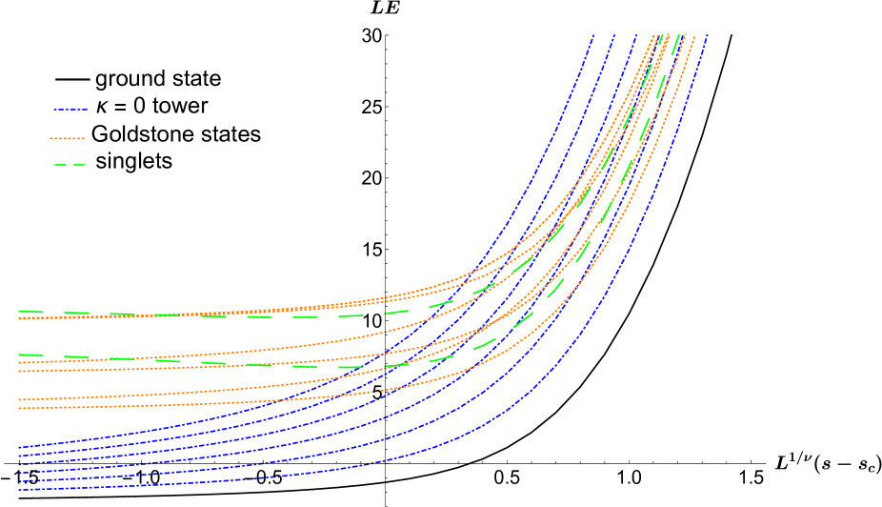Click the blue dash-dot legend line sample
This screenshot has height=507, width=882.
[x=70, y=110]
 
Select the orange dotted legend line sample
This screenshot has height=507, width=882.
[x=68, y=139]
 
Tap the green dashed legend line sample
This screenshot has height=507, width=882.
[x=70, y=165]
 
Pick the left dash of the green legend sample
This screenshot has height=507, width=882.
[x=60, y=165]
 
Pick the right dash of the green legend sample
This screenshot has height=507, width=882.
[x=79, y=165]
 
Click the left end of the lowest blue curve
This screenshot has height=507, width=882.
[x=19, y=489]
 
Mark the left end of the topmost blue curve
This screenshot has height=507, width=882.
[x=19, y=447]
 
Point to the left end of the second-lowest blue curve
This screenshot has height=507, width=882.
[x=19, y=481]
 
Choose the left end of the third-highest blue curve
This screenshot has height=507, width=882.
[x=19, y=464]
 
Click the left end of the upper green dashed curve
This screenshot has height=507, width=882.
[x=19, y=311]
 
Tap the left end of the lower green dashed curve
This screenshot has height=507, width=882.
[x=19, y=355]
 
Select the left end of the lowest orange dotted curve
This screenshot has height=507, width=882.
[x=19, y=409]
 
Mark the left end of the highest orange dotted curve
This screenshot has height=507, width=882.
[x=19, y=318]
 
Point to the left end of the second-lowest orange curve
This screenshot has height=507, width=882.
[x=19, y=400]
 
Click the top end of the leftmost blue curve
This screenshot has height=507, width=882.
[x=594, y=35]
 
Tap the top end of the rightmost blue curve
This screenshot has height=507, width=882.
[x=708, y=35]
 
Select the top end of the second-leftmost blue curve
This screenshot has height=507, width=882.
[x=615, y=35]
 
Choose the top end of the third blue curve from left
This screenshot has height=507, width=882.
[x=637, y=35]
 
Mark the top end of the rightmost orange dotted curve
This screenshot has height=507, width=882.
[x=694, y=36]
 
